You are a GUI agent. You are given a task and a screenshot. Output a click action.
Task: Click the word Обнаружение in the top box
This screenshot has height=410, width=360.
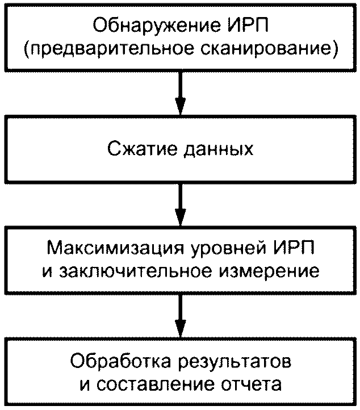tap(156, 26)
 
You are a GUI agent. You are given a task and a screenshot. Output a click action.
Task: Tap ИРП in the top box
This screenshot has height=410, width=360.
tap(248, 25)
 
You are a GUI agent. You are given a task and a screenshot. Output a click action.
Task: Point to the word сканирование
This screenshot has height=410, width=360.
tap(269, 48)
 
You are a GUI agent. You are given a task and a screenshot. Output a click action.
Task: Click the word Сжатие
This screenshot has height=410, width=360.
tap(142, 148)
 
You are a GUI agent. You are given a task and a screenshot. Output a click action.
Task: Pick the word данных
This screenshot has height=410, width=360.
tap(219, 149)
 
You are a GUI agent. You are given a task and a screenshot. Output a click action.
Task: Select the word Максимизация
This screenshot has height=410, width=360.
tap(115, 248)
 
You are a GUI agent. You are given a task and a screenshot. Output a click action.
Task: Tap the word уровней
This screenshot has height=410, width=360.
tap(228, 248)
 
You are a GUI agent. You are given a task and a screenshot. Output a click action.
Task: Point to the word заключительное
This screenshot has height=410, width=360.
tap(135, 271)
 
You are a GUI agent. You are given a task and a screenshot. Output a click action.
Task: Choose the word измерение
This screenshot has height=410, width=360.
tap(269, 271)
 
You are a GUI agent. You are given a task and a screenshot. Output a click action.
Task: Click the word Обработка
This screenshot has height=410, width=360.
tap(120, 361)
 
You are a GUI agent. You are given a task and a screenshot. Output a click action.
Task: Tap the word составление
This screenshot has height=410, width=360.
tap(156, 384)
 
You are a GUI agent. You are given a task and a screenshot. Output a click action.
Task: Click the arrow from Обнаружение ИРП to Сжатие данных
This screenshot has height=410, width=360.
tap(181, 93)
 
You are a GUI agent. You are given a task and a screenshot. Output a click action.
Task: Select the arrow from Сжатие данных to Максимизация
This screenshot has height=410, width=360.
tap(181, 204)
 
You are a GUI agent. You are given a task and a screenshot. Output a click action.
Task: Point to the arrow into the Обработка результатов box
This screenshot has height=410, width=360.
tap(181, 316)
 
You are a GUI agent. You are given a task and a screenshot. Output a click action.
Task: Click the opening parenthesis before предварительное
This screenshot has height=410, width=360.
tap(26, 49)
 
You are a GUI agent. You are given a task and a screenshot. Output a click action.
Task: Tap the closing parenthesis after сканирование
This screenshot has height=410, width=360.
tap(334, 49)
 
